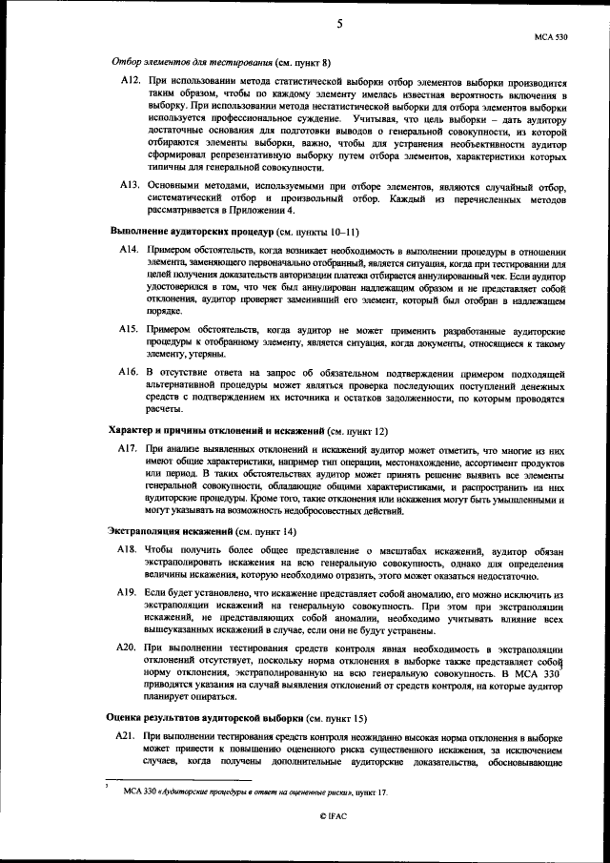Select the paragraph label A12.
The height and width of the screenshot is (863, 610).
pyautogui.click(x=131, y=84)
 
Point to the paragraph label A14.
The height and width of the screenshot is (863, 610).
pyautogui.click(x=131, y=250)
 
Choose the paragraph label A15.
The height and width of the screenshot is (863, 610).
pyautogui.click(x=131, y=329)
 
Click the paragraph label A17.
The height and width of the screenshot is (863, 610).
pyautogui.click(x=131, y=448)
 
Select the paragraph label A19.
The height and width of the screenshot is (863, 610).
pyautogui.click(x=131, y=593)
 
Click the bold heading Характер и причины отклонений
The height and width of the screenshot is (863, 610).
pyautogui.click(x=216, y=431)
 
